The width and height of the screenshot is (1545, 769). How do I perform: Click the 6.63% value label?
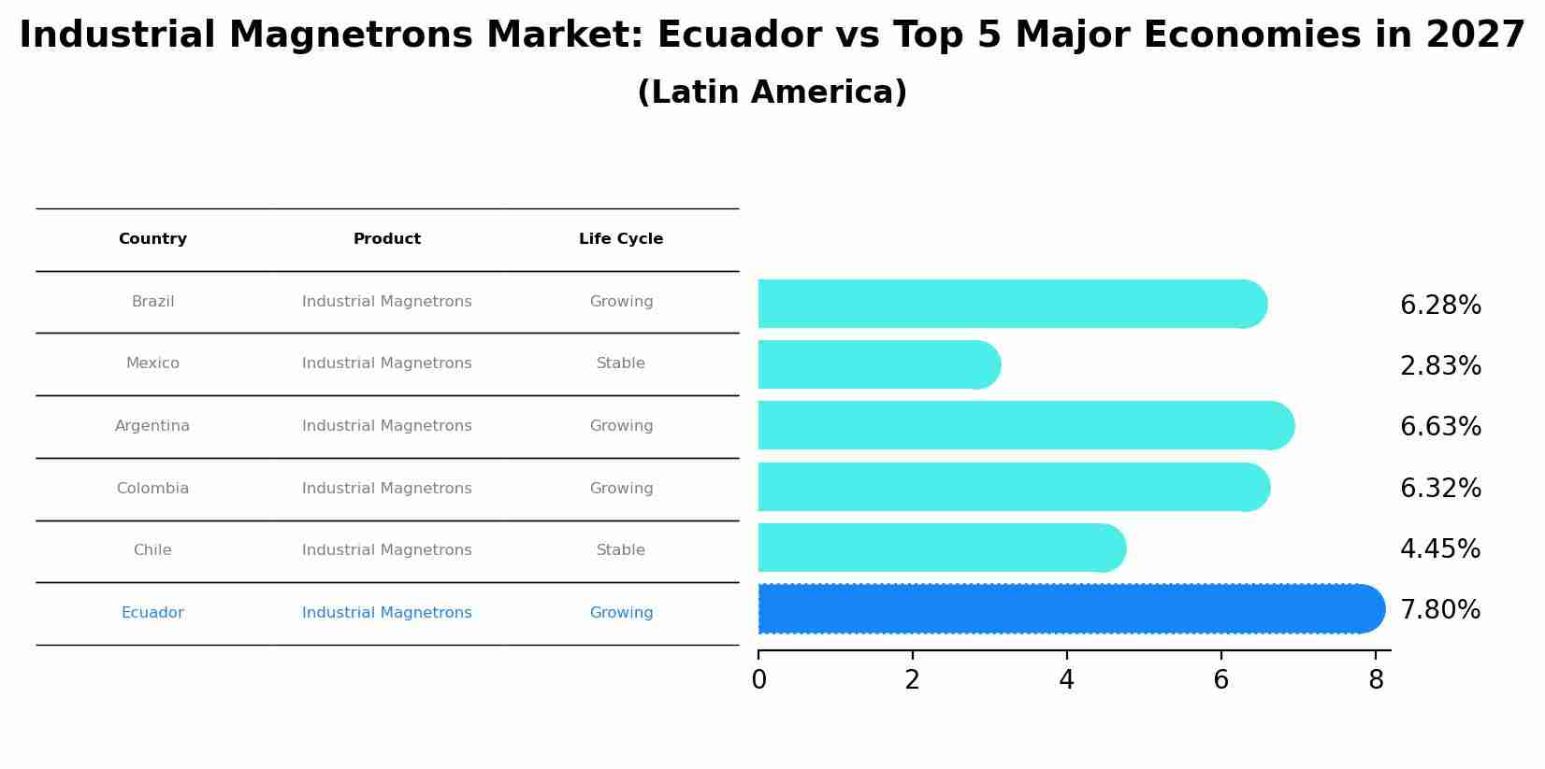[x=1440, y=427]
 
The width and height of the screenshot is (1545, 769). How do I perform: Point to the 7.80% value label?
[x=1440, y=610]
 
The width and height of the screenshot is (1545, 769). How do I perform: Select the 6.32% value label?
[x=1440, y=489]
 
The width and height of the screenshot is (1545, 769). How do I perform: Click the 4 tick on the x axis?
[x=1066, y=680]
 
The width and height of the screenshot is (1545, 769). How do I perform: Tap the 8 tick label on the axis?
[x=1375, y=680]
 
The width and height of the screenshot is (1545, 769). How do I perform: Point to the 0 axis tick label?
[x=758, y=680]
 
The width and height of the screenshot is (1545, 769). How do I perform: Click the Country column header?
[x=152, y=239]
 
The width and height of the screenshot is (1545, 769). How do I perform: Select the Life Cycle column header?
[x=621, y=239]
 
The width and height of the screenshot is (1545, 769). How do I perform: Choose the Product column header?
[x=386, y=239]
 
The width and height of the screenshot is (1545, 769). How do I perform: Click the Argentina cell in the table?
[x=152, y=426]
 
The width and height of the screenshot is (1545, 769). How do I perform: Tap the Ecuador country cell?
[x=152, y=613]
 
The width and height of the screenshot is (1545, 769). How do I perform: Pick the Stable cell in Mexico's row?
[x=621, y=363]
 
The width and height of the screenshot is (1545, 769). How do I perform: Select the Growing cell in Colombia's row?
[x=621, y=489]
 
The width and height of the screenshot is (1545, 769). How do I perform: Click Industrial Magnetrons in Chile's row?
[x=386, y=550]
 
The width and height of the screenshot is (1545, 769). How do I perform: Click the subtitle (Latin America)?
[x=772, y=93]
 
